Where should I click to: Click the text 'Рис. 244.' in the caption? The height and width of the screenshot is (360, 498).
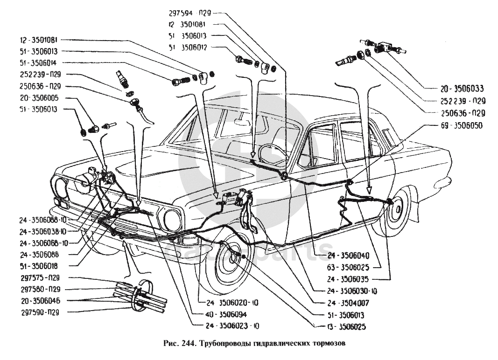pos(180,345)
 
